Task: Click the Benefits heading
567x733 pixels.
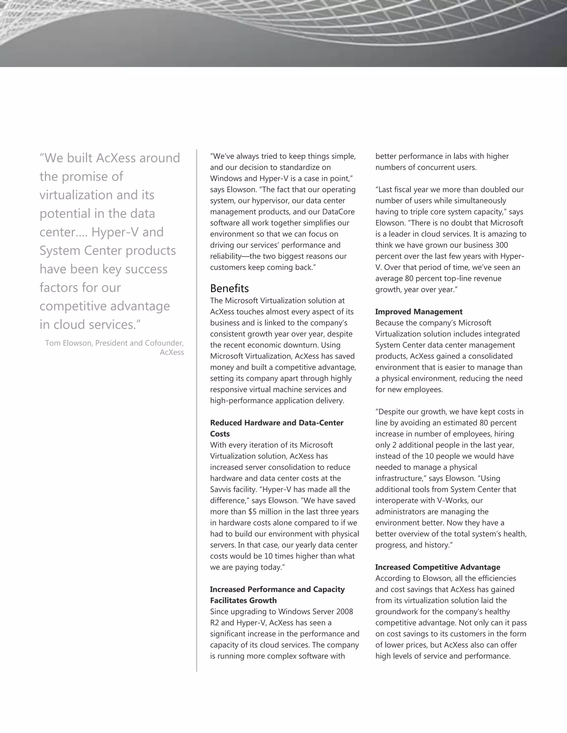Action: (x=230, y=288)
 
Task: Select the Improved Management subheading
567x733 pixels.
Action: (x=419, y=312)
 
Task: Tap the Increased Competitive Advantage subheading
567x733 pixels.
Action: (x=437, y=567)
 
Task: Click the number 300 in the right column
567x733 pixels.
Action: (x=501, y=245)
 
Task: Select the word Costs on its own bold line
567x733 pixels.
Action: (x=220, y=434)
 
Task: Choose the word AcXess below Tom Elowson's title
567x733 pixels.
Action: (x=172, y=352)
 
